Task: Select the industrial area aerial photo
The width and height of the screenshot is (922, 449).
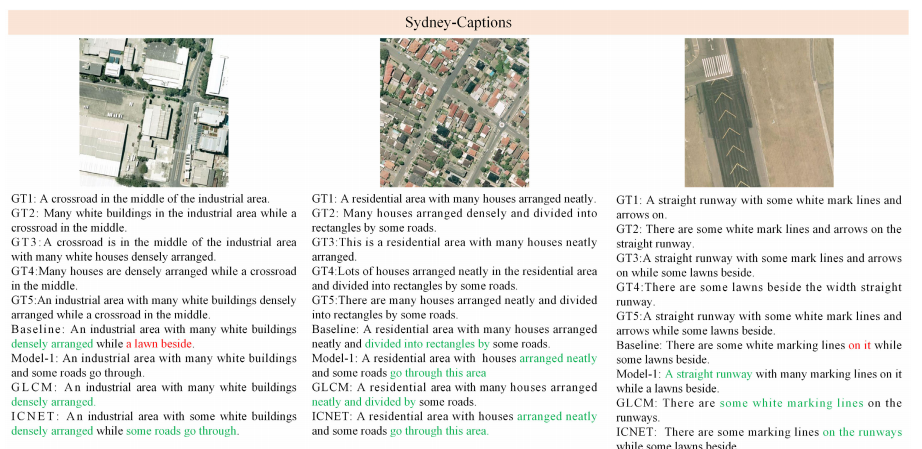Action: pos(155,112)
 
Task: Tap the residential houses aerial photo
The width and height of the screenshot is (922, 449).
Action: pos(454,112)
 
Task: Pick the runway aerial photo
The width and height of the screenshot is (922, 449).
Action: pos(758,112)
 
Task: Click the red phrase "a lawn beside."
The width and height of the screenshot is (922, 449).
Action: pos(160,343)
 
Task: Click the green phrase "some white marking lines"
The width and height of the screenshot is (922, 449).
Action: pos(791,403)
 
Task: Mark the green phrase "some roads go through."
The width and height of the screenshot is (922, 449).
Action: pos(183,430)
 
